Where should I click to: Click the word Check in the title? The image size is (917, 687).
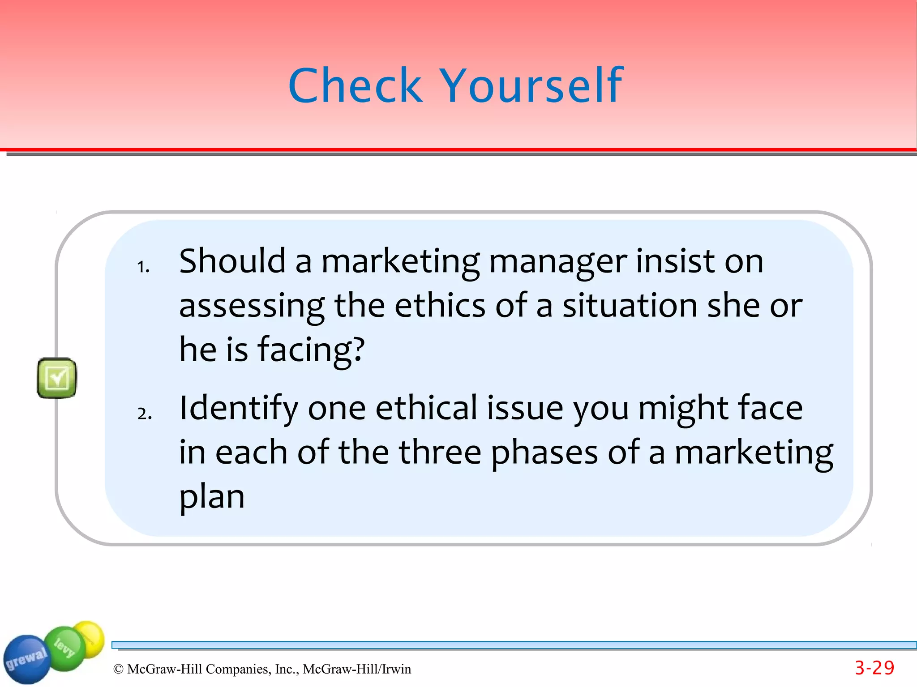pos(356,85)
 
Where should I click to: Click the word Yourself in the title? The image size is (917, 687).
pos(532,85)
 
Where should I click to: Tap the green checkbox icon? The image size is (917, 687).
pos(57,378)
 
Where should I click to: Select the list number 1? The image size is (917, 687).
pos(143,267)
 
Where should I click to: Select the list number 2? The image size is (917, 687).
pos(144,414)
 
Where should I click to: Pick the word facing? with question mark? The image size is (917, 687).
pos(311,350)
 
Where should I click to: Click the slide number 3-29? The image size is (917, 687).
pos(874,668)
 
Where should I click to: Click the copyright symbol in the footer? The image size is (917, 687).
pos(118,669)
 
